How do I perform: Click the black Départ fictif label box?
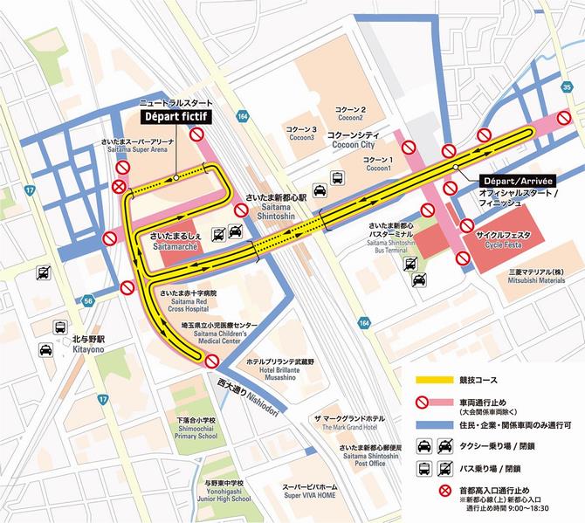click(x=179, y=114)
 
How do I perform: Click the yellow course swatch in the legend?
click(x=433, y=381)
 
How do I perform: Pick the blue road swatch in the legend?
click(x=433, y=424)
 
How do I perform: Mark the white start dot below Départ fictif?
click(x=175, y=177)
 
